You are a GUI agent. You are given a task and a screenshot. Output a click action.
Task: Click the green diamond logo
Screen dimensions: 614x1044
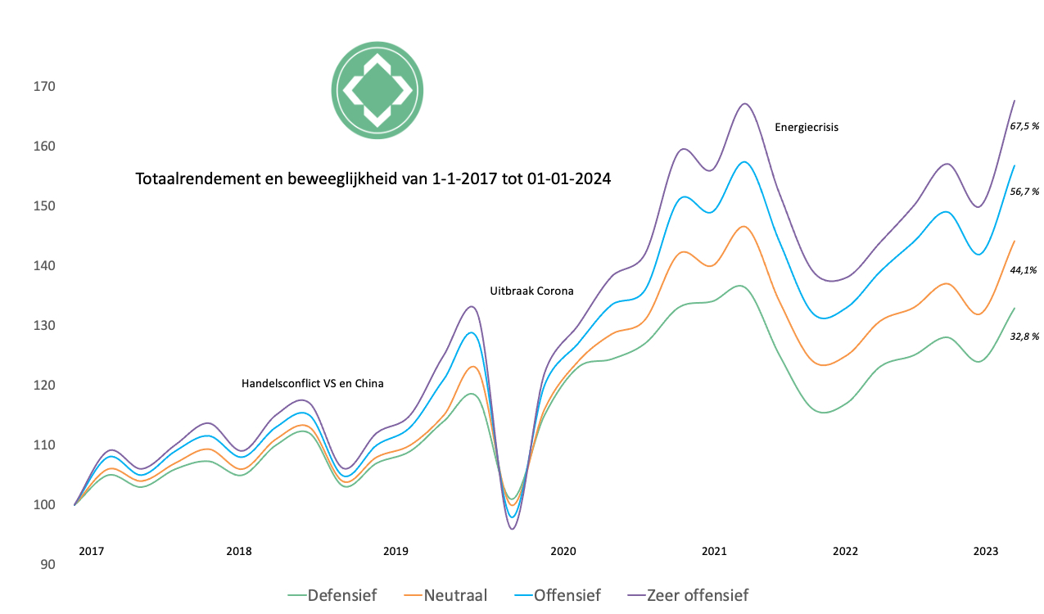(377, 90)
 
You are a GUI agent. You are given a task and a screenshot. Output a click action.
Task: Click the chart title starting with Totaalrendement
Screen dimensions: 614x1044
(373, 178)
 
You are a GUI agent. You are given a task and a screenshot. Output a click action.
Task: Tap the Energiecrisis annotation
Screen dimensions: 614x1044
(807, 127)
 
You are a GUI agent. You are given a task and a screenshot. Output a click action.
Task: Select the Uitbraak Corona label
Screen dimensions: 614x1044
(531, 291)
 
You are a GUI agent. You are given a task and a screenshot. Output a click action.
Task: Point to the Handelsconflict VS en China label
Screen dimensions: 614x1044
(312, 383)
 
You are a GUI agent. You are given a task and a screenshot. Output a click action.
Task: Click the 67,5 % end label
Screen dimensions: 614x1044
(1024, 126)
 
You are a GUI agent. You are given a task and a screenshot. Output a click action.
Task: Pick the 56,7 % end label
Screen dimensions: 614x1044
(1024, 192)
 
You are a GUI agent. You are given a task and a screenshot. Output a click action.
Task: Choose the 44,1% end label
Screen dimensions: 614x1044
(1024, 269)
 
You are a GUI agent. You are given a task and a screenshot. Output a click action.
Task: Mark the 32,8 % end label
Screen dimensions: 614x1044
(1024, 336)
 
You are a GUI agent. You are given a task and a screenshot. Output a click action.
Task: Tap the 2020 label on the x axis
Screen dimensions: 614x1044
(563, 551)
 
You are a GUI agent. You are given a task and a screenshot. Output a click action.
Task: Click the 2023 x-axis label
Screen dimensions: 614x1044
(985, 551)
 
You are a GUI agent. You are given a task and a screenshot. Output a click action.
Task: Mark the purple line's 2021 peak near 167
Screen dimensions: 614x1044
(744, 104)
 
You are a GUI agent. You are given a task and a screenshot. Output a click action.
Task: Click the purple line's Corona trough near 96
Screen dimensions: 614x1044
(512, 529)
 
